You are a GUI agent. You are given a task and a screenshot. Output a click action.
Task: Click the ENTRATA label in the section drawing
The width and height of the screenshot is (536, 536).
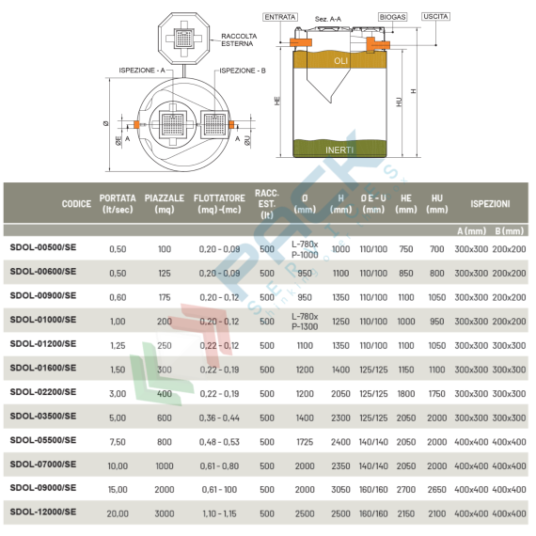281,16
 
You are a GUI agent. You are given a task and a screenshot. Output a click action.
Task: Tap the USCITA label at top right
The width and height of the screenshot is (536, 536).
436,17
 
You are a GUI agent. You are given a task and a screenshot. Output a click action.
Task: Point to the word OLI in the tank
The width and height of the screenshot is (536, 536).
340,61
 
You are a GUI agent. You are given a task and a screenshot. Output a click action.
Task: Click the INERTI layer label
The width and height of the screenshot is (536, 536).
339,150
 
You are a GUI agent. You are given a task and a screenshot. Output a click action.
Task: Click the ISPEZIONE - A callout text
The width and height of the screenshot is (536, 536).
143,71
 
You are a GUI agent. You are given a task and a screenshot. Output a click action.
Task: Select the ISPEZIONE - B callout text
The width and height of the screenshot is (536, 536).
242,71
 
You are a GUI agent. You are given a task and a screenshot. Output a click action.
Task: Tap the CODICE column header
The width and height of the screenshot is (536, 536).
76,204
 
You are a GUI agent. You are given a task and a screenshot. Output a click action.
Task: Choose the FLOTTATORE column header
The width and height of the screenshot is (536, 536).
219,204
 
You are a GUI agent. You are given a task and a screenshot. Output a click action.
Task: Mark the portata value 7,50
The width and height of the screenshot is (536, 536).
118,440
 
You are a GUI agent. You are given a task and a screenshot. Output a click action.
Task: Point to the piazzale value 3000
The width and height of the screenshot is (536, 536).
165,512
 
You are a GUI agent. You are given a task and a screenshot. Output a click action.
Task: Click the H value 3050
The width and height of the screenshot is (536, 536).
340,489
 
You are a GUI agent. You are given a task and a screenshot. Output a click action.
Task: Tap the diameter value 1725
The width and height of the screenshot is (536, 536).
306,440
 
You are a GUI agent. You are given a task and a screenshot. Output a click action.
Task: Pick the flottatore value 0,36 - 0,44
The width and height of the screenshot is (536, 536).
219,416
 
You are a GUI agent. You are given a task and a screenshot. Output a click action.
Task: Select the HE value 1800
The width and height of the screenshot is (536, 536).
406,392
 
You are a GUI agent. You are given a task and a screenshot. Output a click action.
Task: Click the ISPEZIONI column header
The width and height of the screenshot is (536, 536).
490,203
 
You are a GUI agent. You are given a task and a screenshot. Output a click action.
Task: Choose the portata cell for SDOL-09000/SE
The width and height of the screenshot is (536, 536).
118,489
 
